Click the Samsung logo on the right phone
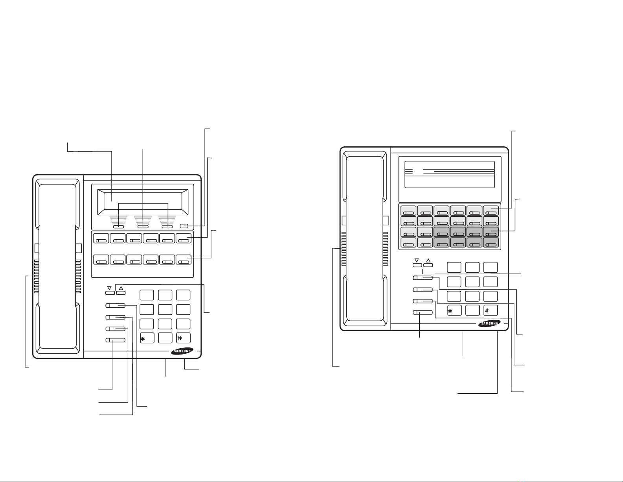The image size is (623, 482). click(489, 323)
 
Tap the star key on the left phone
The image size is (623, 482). click(147, 338)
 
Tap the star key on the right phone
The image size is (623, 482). click(454, 310)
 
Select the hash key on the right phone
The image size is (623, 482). click(491, 310)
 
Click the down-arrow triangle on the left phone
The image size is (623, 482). click(109, 288)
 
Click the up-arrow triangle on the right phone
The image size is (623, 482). click(428, 260)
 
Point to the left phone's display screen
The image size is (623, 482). click(143, 202)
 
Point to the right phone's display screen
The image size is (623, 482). click(450, 174)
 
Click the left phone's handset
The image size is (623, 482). click(58, 266)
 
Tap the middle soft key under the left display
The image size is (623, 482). click(143, 227)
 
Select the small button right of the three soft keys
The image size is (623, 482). click(184, 226)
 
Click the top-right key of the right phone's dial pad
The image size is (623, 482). click(491, 268)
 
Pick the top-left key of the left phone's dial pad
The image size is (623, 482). click(147, 295)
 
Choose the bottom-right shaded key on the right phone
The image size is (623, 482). click(491, 243)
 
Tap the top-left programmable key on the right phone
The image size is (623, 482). click(408, 210)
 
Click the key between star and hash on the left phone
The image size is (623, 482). click(165, 338)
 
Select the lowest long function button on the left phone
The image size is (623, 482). click(116, 340)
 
